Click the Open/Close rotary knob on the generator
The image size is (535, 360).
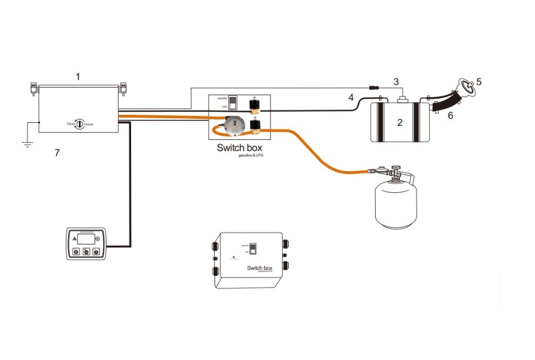pos(80,124)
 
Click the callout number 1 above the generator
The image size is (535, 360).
pos(78,76)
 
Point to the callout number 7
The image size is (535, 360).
pos(57,153)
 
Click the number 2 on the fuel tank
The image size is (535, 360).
pos(400,123)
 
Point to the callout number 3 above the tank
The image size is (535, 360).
pos(396,81)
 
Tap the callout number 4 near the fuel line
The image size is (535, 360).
pos(350,97)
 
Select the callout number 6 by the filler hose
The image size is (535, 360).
pos(450,116)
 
